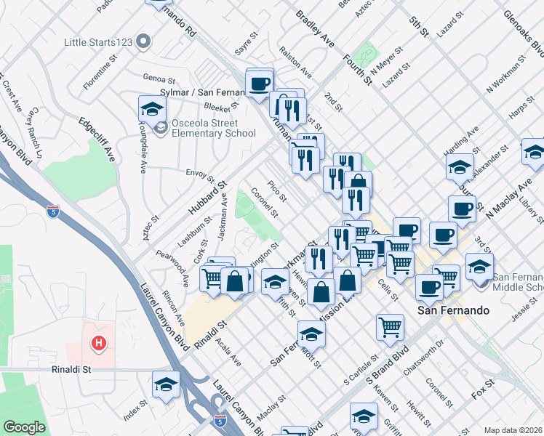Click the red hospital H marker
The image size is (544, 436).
coord(96,342)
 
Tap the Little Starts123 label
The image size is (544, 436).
coord(97,42)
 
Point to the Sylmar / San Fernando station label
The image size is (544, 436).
coord(199,92)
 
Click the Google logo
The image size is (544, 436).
coord(24,427)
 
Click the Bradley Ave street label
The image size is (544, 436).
coord(314,29)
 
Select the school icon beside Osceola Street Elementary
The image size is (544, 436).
coord(152,110)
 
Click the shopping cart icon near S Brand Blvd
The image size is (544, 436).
coord(391,328)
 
